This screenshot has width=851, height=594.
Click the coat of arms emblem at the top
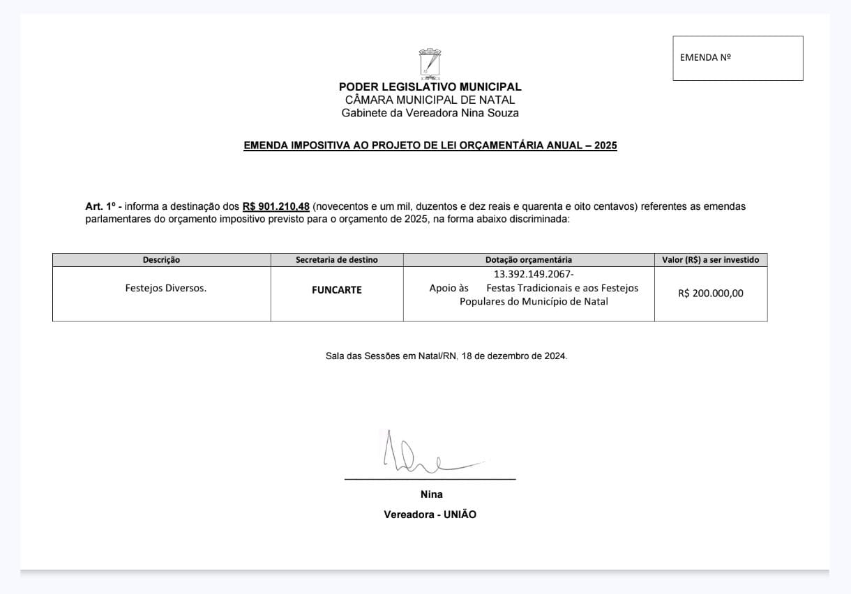(430, 62)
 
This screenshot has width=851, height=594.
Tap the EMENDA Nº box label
(705, 58)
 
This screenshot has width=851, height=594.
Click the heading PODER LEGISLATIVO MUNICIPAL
(430, 87)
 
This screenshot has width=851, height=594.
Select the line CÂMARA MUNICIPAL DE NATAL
(430, 100)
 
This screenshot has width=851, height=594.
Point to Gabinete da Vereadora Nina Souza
(430, 113)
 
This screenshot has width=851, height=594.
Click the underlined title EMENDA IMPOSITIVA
(430, 146)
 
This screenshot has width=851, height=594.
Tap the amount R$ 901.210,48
(276, 207)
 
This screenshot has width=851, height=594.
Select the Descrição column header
(161, 260)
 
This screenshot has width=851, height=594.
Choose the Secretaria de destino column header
(336, 260)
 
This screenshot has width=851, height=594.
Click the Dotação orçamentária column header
(529, 260)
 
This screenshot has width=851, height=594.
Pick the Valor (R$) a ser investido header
(711, 260)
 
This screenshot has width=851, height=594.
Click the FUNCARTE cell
(336, 290)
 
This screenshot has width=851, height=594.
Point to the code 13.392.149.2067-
(534, 274)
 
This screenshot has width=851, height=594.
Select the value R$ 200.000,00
(710, 294)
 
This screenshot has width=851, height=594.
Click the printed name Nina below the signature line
(431, 494)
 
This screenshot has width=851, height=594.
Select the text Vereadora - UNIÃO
(430, 515)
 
